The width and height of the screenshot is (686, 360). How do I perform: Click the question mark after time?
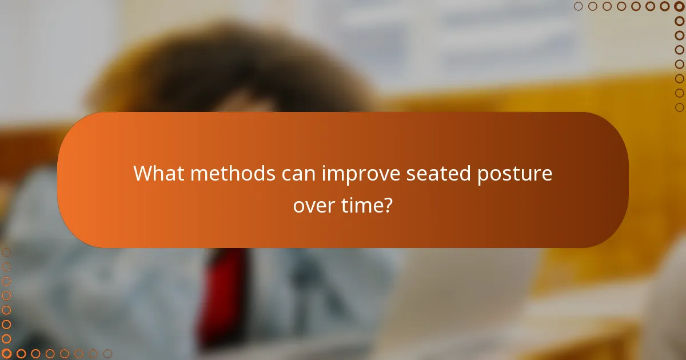click(x=388, y=204)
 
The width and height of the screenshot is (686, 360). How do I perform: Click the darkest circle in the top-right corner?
click(x=679, y=6)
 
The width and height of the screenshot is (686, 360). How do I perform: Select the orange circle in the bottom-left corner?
click(x=7, y=354)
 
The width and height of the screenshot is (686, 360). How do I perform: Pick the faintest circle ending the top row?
click(x=579, y=6)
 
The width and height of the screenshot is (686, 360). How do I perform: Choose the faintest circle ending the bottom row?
click(x=107, y=354)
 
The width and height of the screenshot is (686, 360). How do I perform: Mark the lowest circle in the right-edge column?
click(x=679, y=107)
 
